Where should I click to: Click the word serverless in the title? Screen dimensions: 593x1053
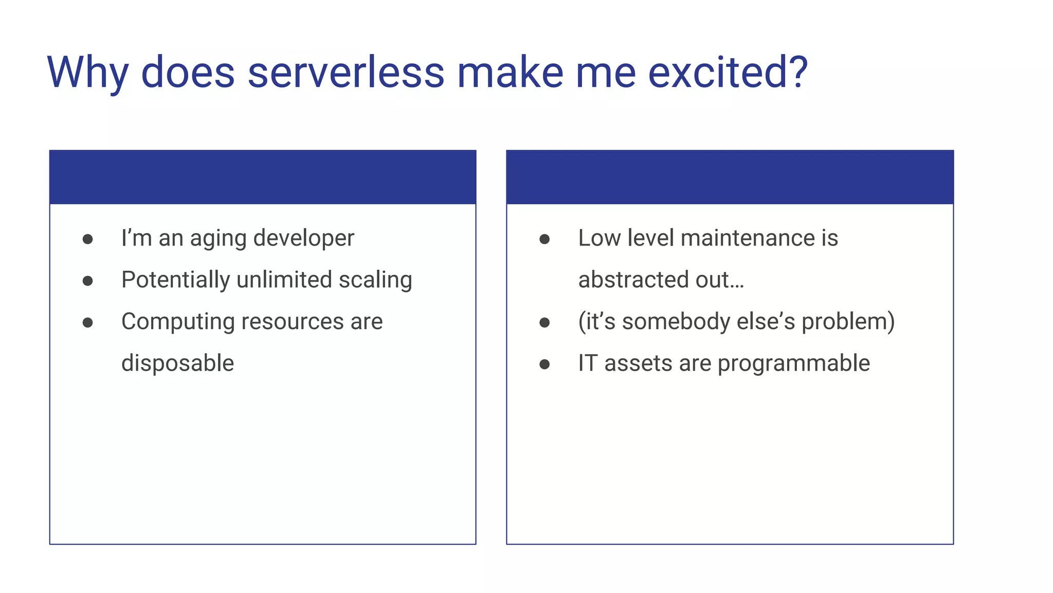[346, 73]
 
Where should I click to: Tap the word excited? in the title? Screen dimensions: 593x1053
[727, 73]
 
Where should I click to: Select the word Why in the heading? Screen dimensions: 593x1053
[87, 73]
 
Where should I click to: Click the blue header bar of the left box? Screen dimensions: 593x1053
[263, 177]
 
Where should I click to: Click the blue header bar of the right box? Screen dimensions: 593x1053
[730, 177]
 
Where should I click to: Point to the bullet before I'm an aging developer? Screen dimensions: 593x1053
[88, 239]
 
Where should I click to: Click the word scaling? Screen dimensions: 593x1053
[375, 280]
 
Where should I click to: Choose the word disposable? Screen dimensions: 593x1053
[177, 363]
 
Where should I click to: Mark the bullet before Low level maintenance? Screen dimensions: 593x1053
[544, 239]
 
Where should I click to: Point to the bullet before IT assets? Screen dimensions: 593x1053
[544, 364]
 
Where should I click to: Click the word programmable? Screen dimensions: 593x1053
[793, 363]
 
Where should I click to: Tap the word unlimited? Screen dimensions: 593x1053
[284, 280]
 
